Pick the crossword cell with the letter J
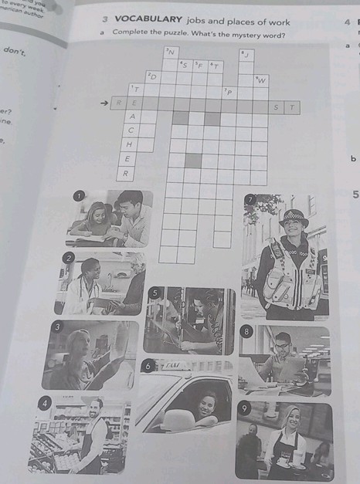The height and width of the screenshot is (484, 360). [x=246, y=54]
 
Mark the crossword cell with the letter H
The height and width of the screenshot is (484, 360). [x=130, y=144]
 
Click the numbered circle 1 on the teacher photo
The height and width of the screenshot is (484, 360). [x=76, y=197]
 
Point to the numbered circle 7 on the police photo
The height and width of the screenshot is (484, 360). [x=250, y=199]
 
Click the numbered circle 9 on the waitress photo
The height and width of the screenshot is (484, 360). [x=244, y=408]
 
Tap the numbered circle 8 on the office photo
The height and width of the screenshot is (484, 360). [x=246, y=331]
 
